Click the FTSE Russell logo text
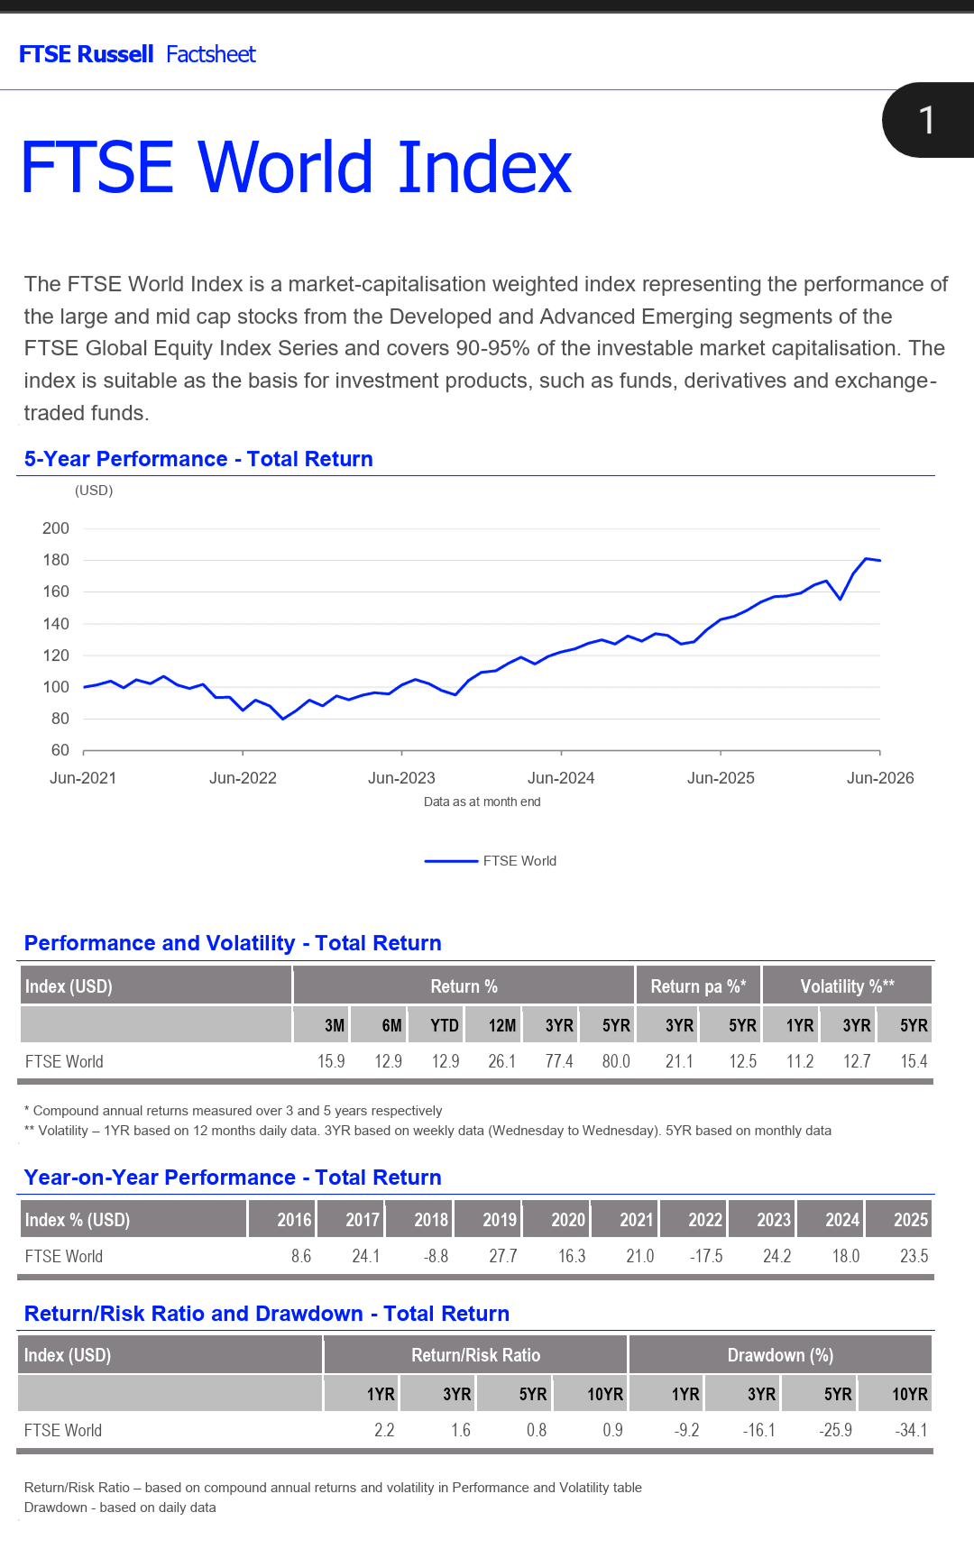pos(87,54)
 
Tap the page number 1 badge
pos(927,120)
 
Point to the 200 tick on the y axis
pos(56,528)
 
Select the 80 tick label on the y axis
pos(60,719)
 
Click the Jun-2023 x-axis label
pos(401,778)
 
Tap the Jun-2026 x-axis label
pos(880,778)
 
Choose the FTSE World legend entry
pos(491,861)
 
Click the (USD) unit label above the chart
pos(94,490)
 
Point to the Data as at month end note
pos(482,802)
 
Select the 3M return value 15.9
pos(331,1061)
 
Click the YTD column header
pos(445,1025)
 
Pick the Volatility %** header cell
pos(847,986)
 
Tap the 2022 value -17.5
pos(706,1256)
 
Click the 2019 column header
pos(500,1220)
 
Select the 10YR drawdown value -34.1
pos(911,1430)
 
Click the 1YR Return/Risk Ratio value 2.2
pos(384,1430)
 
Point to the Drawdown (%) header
pos(780,1355)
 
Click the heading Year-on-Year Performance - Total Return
pos(233,1178)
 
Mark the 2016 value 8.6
pos(301,1256)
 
